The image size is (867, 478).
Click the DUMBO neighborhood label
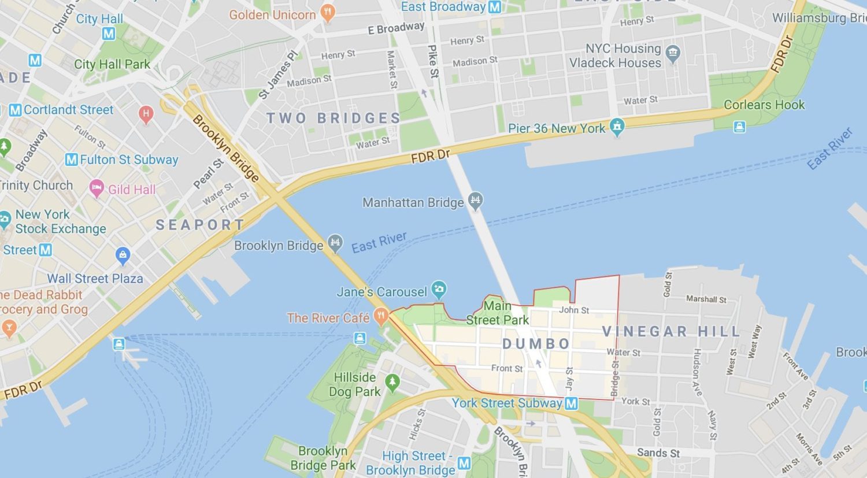point(536,344)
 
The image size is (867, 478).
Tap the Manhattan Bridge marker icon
point(476,201)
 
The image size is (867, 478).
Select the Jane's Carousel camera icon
point(439,290)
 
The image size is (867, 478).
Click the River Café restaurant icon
point(380,316)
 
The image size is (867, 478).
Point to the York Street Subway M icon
point(571,403)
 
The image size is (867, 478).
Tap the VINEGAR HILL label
point(670,332)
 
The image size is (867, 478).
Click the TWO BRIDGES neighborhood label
point(334,118)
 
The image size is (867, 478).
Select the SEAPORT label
point(200,225)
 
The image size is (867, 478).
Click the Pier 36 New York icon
point(617,127)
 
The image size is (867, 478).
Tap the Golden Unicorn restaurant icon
point(328,13)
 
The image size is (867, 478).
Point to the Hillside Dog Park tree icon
point(392,382)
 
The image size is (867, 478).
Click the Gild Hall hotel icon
point(97,188)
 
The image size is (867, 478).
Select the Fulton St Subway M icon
point(71,160)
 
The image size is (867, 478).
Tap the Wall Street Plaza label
point(95,279)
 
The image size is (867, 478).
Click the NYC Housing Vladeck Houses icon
point(672,54)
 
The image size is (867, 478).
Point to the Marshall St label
point(706,299)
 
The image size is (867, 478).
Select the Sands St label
point(658,453)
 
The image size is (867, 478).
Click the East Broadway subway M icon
point(495,7)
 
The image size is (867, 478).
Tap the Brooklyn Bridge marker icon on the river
point(335,243)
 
